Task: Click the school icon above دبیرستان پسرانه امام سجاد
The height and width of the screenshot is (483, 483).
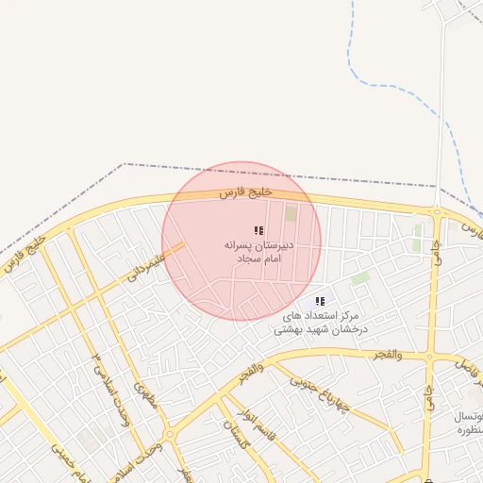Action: point(258,230)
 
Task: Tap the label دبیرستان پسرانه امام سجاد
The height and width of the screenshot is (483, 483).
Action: point(259,251)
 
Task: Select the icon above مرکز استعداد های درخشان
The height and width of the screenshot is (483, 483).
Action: point(320,301)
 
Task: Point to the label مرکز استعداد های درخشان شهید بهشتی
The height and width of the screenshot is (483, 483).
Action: point(319,323)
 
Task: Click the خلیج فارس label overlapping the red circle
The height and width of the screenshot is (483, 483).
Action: point(245,192)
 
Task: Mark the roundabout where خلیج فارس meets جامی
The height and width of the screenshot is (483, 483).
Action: point(437,213)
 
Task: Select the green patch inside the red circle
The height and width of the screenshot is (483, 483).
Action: point(291,214)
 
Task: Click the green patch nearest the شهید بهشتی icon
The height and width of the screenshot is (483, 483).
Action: point(359,278)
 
